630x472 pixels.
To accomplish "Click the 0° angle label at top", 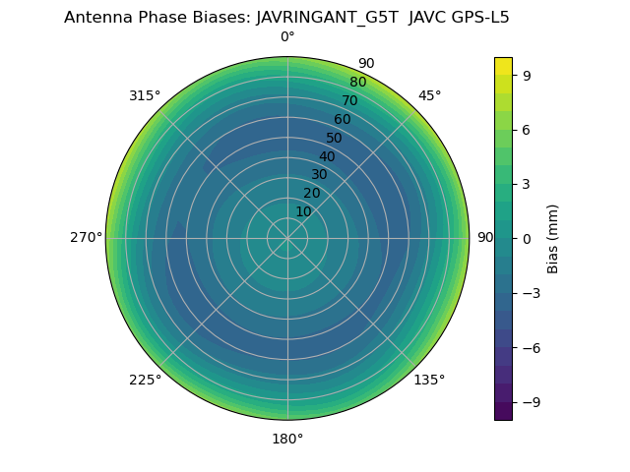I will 287,37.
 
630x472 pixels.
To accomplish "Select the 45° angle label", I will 429,95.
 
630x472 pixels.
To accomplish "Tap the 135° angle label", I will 429,380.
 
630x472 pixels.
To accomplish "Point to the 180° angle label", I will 287,439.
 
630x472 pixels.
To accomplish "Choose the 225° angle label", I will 145,380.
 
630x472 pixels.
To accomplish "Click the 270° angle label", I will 86,238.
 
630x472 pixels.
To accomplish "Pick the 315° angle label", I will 145,95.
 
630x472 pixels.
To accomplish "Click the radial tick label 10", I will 303,211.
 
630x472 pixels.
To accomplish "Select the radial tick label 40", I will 327,156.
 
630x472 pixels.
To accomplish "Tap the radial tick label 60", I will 343,119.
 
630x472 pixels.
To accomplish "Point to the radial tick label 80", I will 357,82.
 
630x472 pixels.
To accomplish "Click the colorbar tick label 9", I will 528,74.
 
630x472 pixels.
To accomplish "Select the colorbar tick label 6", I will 528,129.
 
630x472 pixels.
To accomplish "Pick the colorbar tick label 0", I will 528,238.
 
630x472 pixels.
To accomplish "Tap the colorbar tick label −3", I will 532,293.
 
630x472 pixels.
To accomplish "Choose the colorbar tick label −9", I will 532,402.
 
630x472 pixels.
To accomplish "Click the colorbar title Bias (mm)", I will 553,238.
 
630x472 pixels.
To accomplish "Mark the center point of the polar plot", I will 287,238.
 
